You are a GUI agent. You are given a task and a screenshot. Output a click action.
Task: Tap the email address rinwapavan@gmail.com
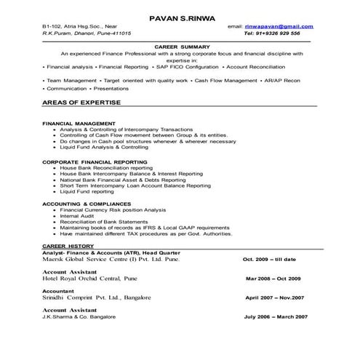280,26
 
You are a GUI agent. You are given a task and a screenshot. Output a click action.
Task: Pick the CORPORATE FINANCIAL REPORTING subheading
95,161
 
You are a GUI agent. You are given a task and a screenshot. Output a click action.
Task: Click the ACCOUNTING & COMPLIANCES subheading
87,204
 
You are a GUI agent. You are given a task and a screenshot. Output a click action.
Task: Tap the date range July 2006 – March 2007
276,317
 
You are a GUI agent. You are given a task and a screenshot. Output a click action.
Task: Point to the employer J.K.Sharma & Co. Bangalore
80,317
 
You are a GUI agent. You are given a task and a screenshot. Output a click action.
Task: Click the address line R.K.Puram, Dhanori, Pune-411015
87,33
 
